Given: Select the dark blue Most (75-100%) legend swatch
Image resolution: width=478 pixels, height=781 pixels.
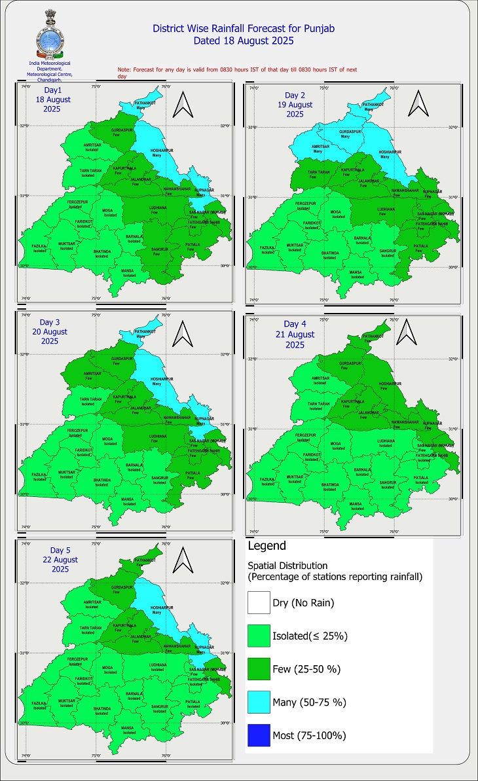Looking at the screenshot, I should tap(258, 735).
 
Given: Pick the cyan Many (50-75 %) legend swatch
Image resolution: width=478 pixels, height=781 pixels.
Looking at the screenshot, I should tap(258, 702).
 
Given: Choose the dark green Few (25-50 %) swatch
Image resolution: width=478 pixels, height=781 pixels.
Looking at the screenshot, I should tap(258, 669).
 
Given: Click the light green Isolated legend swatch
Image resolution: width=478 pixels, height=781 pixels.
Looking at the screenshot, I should tap(258, 636).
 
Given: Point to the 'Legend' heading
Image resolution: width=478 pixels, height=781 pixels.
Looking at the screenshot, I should tap(267, 545).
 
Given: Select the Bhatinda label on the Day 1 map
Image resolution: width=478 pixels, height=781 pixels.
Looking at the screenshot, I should tap(101, 253).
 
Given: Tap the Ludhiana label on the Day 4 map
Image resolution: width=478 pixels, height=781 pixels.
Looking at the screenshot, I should tap(385, 443).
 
